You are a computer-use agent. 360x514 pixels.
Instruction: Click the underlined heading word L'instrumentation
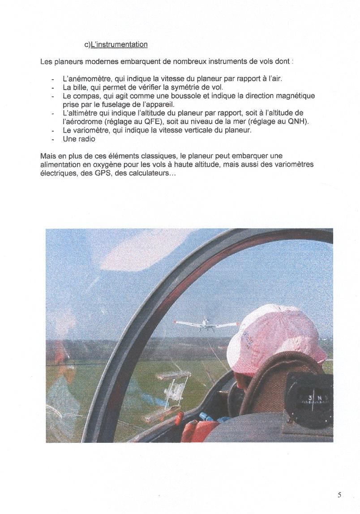click(119, 44)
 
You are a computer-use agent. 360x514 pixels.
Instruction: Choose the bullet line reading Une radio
click(79, 139)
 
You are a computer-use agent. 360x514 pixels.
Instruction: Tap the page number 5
click(339, 495)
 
